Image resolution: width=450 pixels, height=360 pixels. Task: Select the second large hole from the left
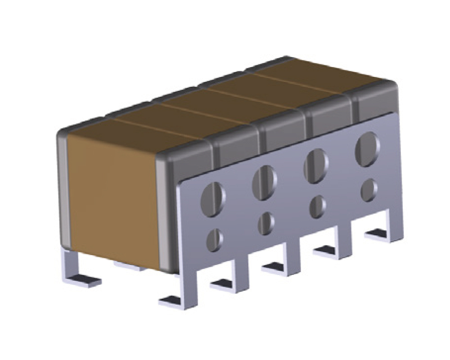click(264, 182)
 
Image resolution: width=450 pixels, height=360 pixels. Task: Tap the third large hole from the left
click(316, 165)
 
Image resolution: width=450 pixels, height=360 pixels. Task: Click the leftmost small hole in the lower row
click(214, 239)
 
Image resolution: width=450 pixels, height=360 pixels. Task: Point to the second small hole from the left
click(266, 223)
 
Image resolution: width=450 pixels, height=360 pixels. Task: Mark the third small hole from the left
click(318, 206)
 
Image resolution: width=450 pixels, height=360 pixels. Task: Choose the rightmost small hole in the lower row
click(369, 190)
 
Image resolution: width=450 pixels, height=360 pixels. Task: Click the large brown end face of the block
click(112, 193)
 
